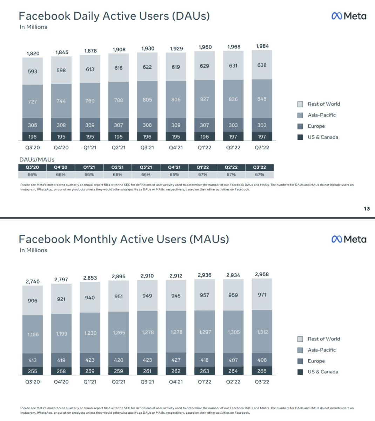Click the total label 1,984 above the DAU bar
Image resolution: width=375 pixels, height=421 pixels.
click(262, 46)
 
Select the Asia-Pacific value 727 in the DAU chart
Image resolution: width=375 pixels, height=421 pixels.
click(32, 101)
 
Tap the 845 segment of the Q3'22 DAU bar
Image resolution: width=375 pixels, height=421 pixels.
click(262, 99)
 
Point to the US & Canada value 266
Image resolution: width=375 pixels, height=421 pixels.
click(262, 371)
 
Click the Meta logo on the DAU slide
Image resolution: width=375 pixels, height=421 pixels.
click(349, 16)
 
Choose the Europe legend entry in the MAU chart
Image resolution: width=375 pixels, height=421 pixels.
click(316, 361)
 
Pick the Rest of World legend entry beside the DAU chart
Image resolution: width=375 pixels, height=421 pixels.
click(324, 104)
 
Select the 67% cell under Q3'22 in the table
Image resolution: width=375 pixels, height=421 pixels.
click(259, 174)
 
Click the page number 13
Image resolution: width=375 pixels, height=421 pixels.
click(367, 209)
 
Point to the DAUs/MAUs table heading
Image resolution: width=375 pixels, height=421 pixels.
click(37, 160)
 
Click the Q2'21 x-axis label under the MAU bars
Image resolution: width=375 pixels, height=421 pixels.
click(119, 382)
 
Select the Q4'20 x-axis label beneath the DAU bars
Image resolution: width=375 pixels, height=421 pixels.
click(61, 148)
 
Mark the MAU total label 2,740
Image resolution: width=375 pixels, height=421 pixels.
click(33, 281)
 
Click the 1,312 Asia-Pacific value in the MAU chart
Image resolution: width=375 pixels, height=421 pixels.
click(262, 332)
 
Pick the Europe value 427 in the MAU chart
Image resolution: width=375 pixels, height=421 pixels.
click(176, 360)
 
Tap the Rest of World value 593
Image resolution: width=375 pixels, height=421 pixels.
click(32, 72)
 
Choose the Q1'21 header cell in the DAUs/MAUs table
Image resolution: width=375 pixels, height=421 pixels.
click(89, 167)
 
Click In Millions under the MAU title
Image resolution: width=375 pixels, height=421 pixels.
click(33, 250)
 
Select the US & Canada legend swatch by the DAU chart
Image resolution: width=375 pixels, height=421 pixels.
click(300, 137)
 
